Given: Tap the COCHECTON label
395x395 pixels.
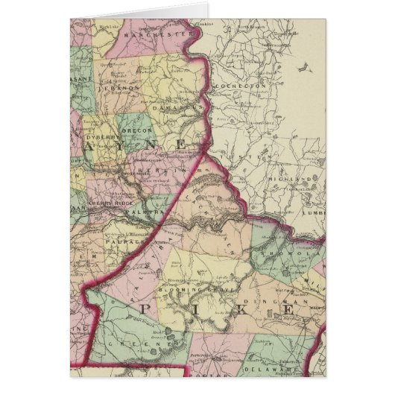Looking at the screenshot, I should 235,86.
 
